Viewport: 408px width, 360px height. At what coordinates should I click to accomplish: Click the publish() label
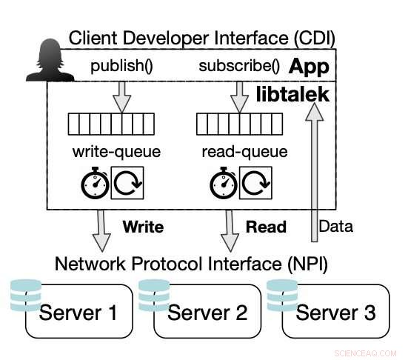tap(121, 65)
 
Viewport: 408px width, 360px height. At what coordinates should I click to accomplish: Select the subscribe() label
tap(239, 65)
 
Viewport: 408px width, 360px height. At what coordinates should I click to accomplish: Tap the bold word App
tap(308, 65)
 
